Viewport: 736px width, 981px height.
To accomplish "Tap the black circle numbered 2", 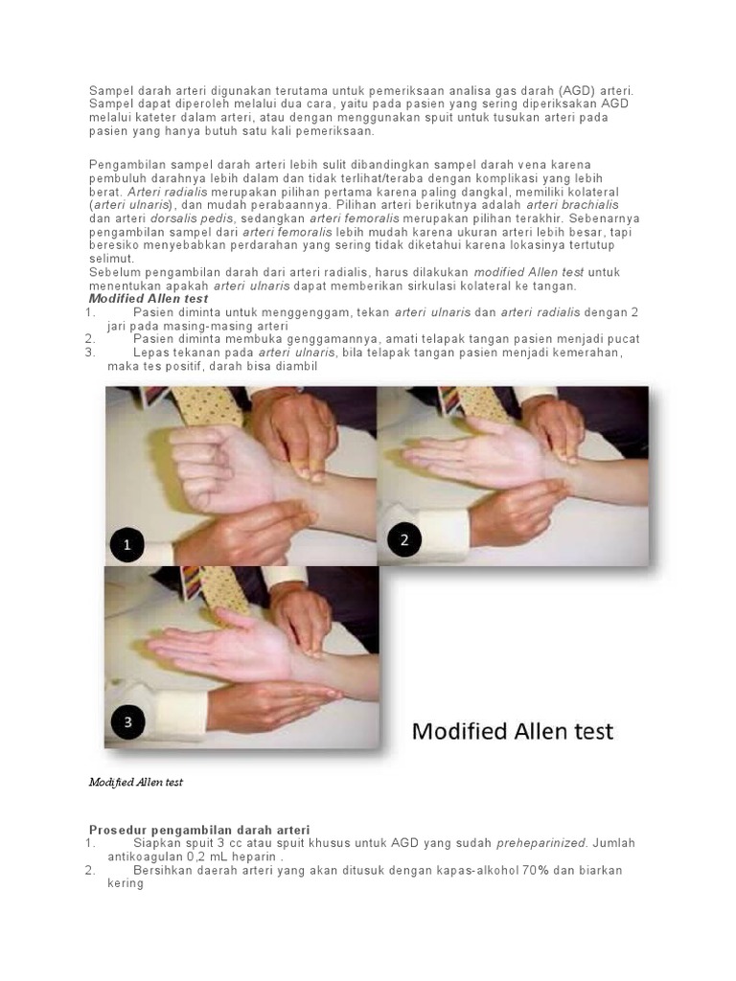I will tap(404, 539).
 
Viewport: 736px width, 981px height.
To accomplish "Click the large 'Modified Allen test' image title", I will tap(513, 732).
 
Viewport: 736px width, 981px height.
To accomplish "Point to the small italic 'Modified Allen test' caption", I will tap(135, 782).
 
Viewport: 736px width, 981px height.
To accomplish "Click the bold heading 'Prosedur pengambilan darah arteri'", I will tap(199, 829).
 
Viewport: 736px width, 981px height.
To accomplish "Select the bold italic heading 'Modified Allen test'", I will tap(149, 299).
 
